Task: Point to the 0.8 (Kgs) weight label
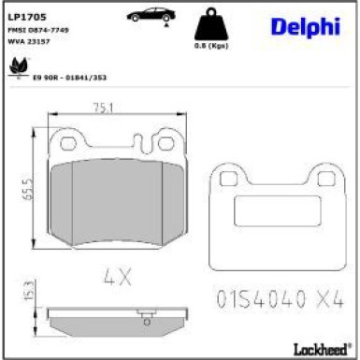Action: tap(216, 45)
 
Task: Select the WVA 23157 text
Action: tap(30, 42)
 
